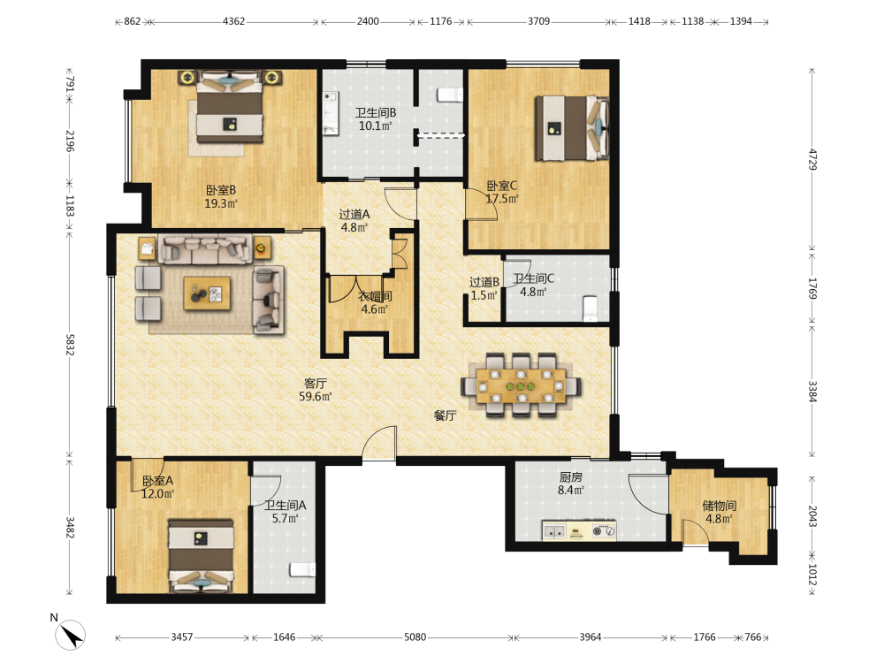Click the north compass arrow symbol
point(70,634)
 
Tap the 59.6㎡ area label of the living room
point(316,396)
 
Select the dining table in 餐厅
point(521,386)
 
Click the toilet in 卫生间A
point(302,569)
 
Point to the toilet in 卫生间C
point(590,308)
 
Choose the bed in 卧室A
point(202,556)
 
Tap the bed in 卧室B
point(230,106)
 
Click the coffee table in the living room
point(207,293)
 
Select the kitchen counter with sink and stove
point(578,531)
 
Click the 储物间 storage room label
point(719,506)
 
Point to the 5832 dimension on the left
point(69,345)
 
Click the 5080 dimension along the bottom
point(415,637)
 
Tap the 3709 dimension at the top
point(538,21)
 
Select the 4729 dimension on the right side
point(812,159)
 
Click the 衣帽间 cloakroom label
point(376,296)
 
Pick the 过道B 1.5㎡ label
point(484,288)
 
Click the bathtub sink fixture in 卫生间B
point(331,113)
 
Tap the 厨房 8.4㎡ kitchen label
point(570,484)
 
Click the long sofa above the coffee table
point(205,249)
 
